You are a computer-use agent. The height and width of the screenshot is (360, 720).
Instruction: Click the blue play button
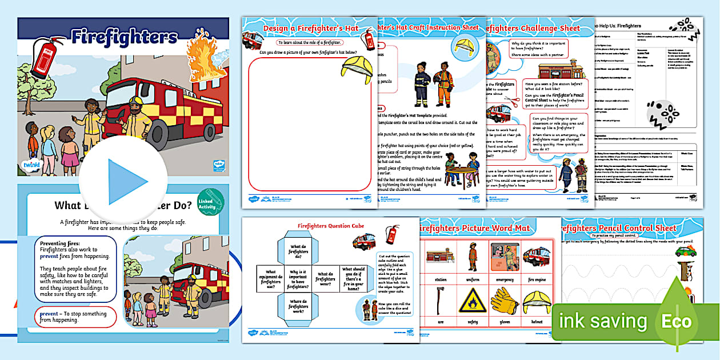pos(123,181)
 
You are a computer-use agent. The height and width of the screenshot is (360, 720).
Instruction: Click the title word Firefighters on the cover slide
pos(124,37)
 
